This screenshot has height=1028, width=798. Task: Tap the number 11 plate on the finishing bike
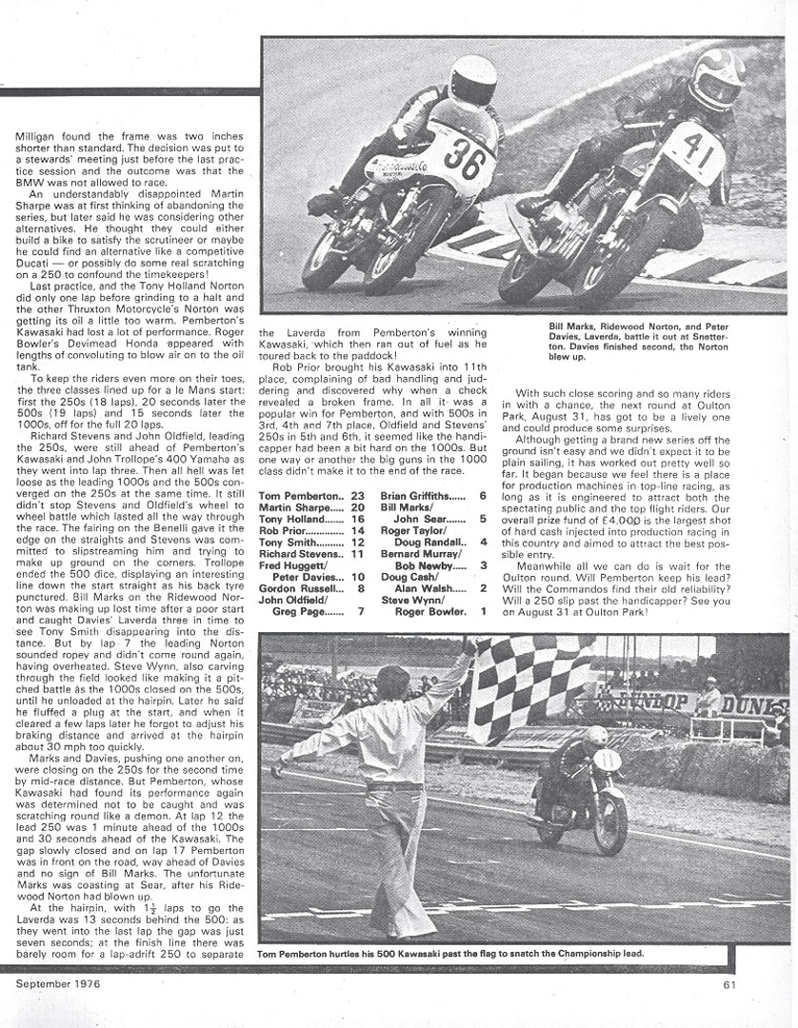(x=608, y=759)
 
